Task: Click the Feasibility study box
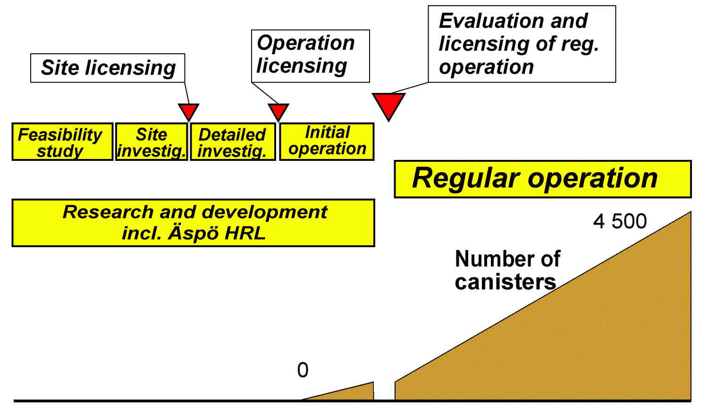click(62, 142)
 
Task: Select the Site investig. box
click(152, 142)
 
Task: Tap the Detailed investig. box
click(233, 142)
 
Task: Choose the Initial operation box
click(327, 142)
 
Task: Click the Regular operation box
click(543, 179)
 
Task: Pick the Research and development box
click(193, 223)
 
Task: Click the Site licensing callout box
click(108, 68)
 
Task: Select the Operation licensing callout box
click(311, 56)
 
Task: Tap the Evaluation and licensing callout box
click(522, 44)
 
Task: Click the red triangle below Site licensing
click(188, 110)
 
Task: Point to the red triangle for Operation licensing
click(278, 110)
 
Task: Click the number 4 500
click(620, 221)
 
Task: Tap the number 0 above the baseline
click(303, 370)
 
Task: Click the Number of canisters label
click(507, 270)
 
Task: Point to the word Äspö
click(193, 234)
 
